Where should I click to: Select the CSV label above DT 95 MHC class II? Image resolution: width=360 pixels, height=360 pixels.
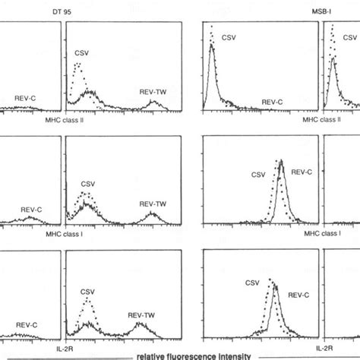pos(84,54)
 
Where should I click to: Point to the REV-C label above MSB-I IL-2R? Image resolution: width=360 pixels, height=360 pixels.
pos(305,288)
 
